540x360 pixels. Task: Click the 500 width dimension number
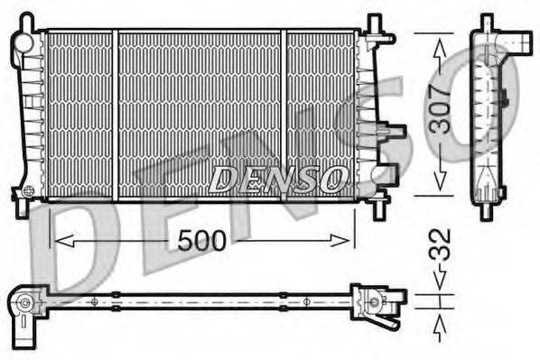[x=203, y=240]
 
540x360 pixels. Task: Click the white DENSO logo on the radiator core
[x=277, y=179]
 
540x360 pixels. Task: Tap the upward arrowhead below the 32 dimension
[x=440, y=321]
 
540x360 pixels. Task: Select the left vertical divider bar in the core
[x=115, y=115]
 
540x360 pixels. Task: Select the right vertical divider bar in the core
[x=283, y=115]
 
